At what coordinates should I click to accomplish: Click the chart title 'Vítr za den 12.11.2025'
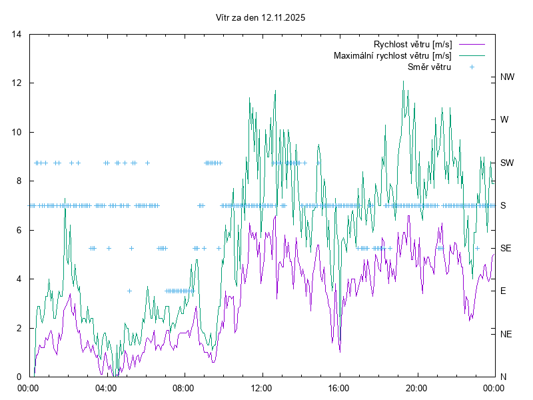tap(261, 18)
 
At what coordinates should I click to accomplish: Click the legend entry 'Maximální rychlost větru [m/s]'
tap(392, 56)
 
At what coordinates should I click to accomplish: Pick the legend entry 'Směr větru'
tap(428, 67)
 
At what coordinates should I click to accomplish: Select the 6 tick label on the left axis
tap(20, 230)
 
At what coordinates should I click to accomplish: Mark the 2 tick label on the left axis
tap(20, 328)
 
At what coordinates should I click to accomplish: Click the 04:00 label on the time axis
tap(105, 388)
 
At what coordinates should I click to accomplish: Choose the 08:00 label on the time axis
tap(183, 388)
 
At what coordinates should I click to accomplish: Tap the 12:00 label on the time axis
tap(261, 388)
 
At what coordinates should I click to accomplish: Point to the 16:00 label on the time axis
tap(338, 388)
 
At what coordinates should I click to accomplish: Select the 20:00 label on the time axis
tap(416, 388)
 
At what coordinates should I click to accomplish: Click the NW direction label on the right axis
tap(508, 77)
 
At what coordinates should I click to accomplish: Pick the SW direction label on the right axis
tap(507, 163)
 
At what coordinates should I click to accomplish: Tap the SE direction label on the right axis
tap(506, 248)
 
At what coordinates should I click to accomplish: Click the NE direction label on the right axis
tap(506, 334)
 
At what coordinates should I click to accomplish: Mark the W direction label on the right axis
tap(504, 120)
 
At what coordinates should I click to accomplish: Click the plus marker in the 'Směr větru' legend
tap(472, 67)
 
